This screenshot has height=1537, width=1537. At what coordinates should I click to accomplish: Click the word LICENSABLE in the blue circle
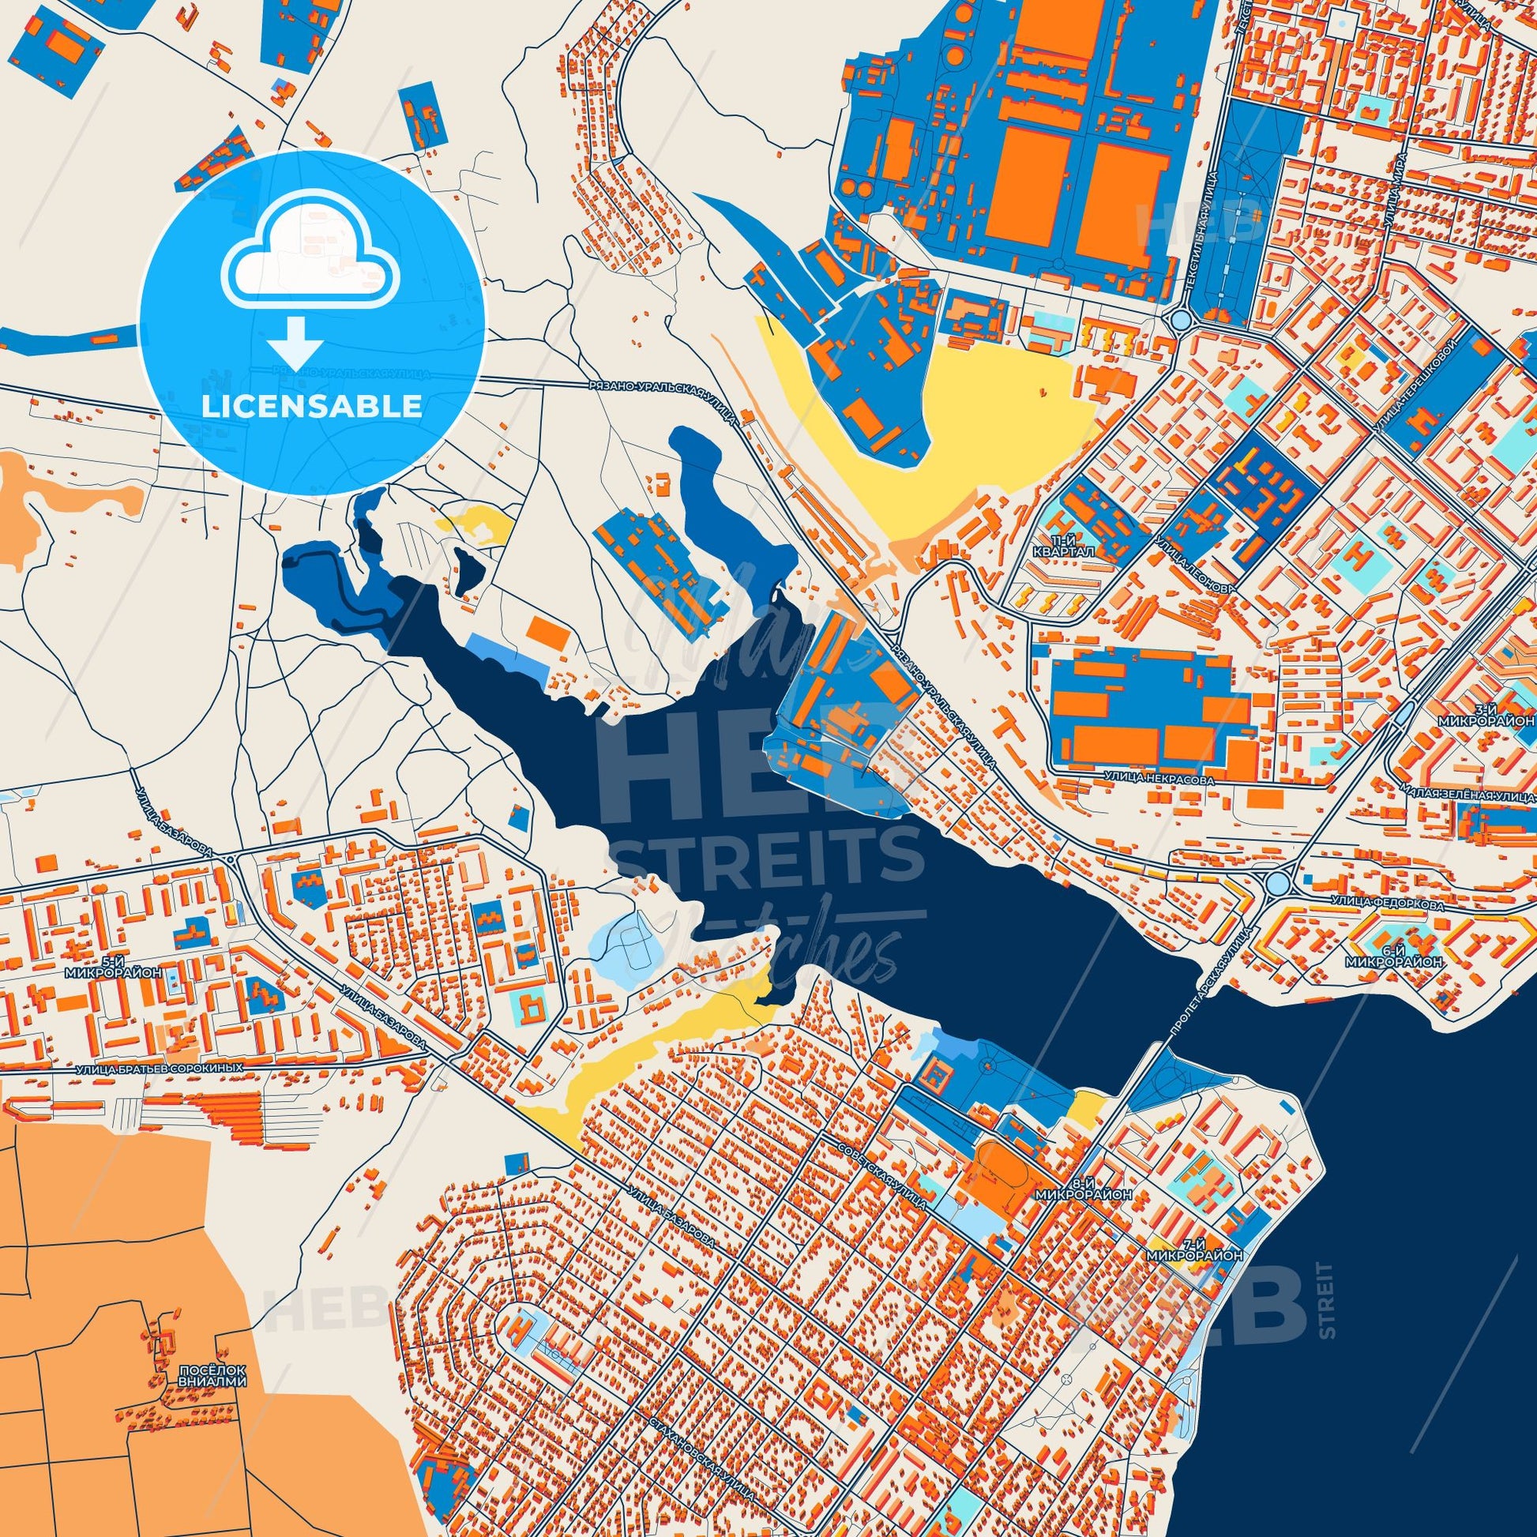click(x=311, y=407)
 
